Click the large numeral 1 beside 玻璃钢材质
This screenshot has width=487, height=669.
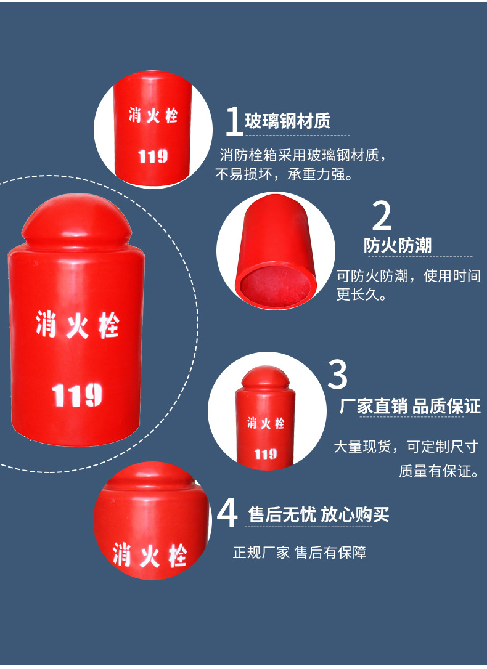[234, 121]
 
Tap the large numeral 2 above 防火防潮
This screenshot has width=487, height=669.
[382, 216]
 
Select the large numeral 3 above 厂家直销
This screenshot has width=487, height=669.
[338, 374]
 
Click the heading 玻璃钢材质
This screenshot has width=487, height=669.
[288, 121]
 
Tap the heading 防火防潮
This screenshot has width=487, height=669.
[398, 245]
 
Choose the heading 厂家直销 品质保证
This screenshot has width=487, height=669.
[410, 406]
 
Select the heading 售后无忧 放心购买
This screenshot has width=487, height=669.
[319, 514]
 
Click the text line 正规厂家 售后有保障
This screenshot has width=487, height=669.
[300, 553]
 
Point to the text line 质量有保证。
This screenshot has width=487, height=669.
[439, 471]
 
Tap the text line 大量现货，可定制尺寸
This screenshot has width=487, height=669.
[406, 447]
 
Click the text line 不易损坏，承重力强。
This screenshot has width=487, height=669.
[284, 174]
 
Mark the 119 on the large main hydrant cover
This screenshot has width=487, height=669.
[77, 395]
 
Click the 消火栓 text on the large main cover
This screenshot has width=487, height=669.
[77, 325]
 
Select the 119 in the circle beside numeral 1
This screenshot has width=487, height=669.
[153, 156]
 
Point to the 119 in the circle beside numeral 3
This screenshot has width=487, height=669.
[266, 454]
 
